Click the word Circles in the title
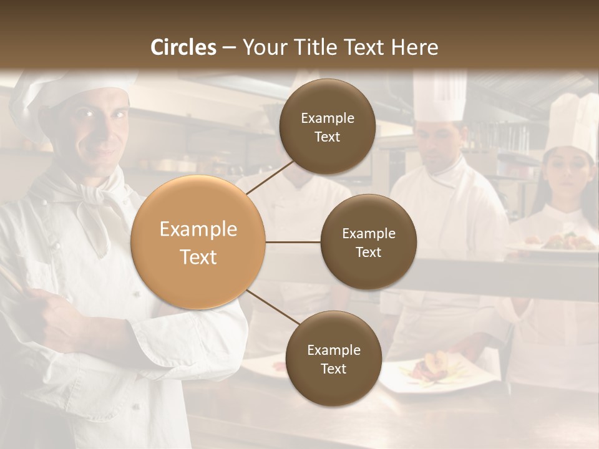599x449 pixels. coord(183,47)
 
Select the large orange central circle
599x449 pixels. coord(198,243)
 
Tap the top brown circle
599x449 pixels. coord(328,127)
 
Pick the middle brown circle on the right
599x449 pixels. coord(369,242)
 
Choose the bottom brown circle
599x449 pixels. coord(333,359)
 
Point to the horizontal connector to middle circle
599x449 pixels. coord(293,242)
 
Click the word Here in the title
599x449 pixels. coord(415,47)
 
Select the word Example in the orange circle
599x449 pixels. coord(198,229)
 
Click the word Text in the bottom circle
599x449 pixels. coord(333,369)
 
